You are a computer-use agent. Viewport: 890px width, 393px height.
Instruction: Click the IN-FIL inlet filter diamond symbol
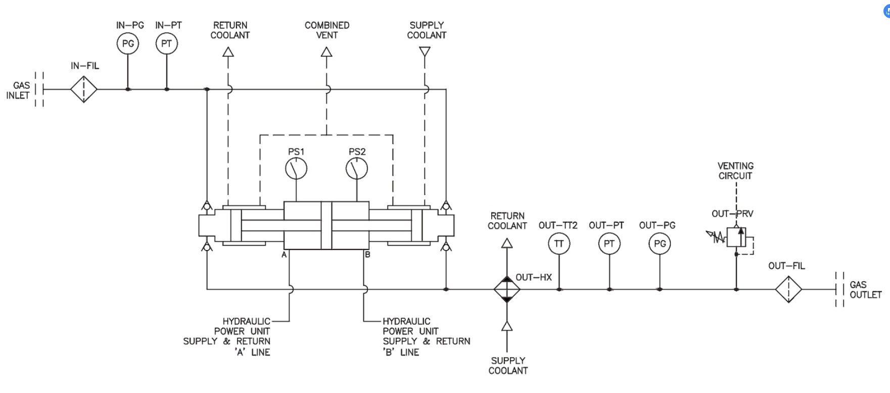coord(83,89)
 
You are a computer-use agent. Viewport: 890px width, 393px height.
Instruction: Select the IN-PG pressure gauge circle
coord(128,43)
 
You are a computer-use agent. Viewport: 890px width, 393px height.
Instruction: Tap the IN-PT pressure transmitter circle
coord(166,43)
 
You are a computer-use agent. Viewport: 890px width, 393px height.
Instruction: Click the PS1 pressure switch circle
coord(296,169)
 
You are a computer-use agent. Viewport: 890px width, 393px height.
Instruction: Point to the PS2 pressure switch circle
coord(357,169)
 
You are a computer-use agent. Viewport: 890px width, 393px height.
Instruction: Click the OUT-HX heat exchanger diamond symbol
coord(507,289)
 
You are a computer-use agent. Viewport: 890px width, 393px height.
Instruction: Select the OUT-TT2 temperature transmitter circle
coord(559,244)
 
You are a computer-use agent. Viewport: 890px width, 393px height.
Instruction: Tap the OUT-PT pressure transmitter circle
coord(609,244)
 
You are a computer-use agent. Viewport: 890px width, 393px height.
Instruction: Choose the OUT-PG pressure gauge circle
coord(660,244)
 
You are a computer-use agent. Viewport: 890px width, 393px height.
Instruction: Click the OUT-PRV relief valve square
coord(736,237)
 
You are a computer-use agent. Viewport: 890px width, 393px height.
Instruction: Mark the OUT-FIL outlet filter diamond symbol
coord(788,289)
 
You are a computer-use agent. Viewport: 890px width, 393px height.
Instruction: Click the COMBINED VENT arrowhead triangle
coord(326,52)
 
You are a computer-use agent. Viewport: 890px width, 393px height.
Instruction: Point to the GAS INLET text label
coord(19,90)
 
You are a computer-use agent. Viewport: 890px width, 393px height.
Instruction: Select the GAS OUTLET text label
coord(865,289)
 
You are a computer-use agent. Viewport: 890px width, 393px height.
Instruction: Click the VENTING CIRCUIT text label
coord(735,171)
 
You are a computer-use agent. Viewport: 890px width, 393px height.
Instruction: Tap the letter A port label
coord(284,255)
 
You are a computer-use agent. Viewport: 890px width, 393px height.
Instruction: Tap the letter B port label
coord(367,255)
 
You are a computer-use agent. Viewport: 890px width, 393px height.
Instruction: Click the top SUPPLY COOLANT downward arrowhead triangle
coord(425,52)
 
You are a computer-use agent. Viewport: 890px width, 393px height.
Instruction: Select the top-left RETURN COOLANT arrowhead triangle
coord(228,52)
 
